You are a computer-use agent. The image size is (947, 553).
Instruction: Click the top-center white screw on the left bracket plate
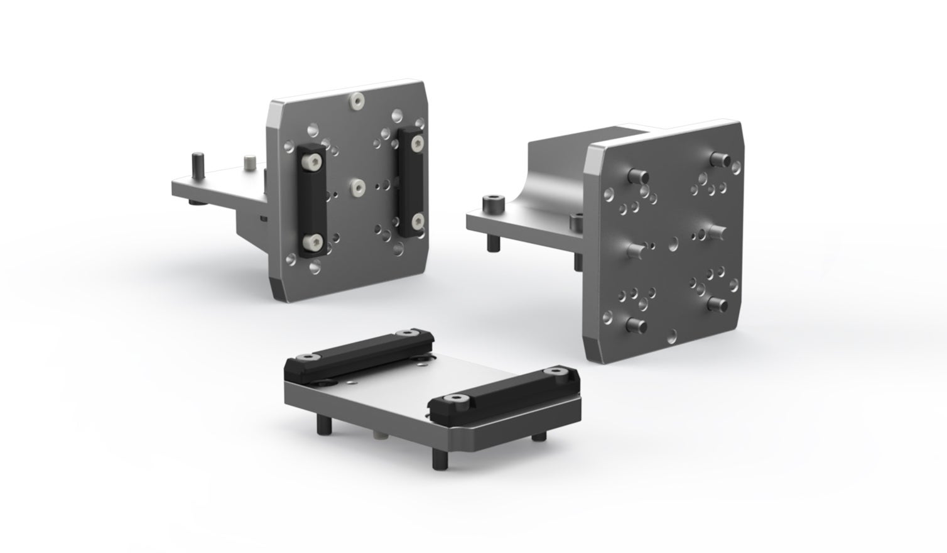tap(357, 100)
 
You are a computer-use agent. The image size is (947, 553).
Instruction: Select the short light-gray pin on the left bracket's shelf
tap(248, 163)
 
